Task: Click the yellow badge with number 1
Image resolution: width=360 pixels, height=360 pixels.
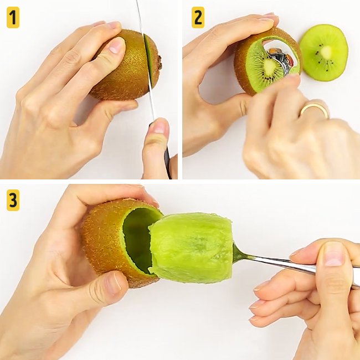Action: (13, 18)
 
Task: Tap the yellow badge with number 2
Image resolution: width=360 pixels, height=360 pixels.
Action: (198, 18)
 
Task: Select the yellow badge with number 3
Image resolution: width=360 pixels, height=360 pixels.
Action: (13, 200)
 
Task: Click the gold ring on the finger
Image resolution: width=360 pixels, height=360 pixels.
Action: (315, 110)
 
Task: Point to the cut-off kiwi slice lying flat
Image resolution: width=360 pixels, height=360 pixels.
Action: (324, 53)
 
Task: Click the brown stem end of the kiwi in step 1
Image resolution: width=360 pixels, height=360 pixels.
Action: (160, 63)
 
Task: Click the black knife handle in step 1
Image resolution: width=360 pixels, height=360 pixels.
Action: (168, 162)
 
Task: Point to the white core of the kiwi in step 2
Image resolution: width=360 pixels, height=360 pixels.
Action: (269, 66)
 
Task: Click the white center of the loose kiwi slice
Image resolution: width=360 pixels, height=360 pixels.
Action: (326, 53)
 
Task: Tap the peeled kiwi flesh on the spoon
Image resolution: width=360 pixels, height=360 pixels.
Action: (191, 248)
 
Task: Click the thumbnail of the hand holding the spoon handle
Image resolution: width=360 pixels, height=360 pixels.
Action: (333, 254)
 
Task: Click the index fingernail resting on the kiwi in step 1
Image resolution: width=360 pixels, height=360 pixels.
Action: (117, 45)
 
